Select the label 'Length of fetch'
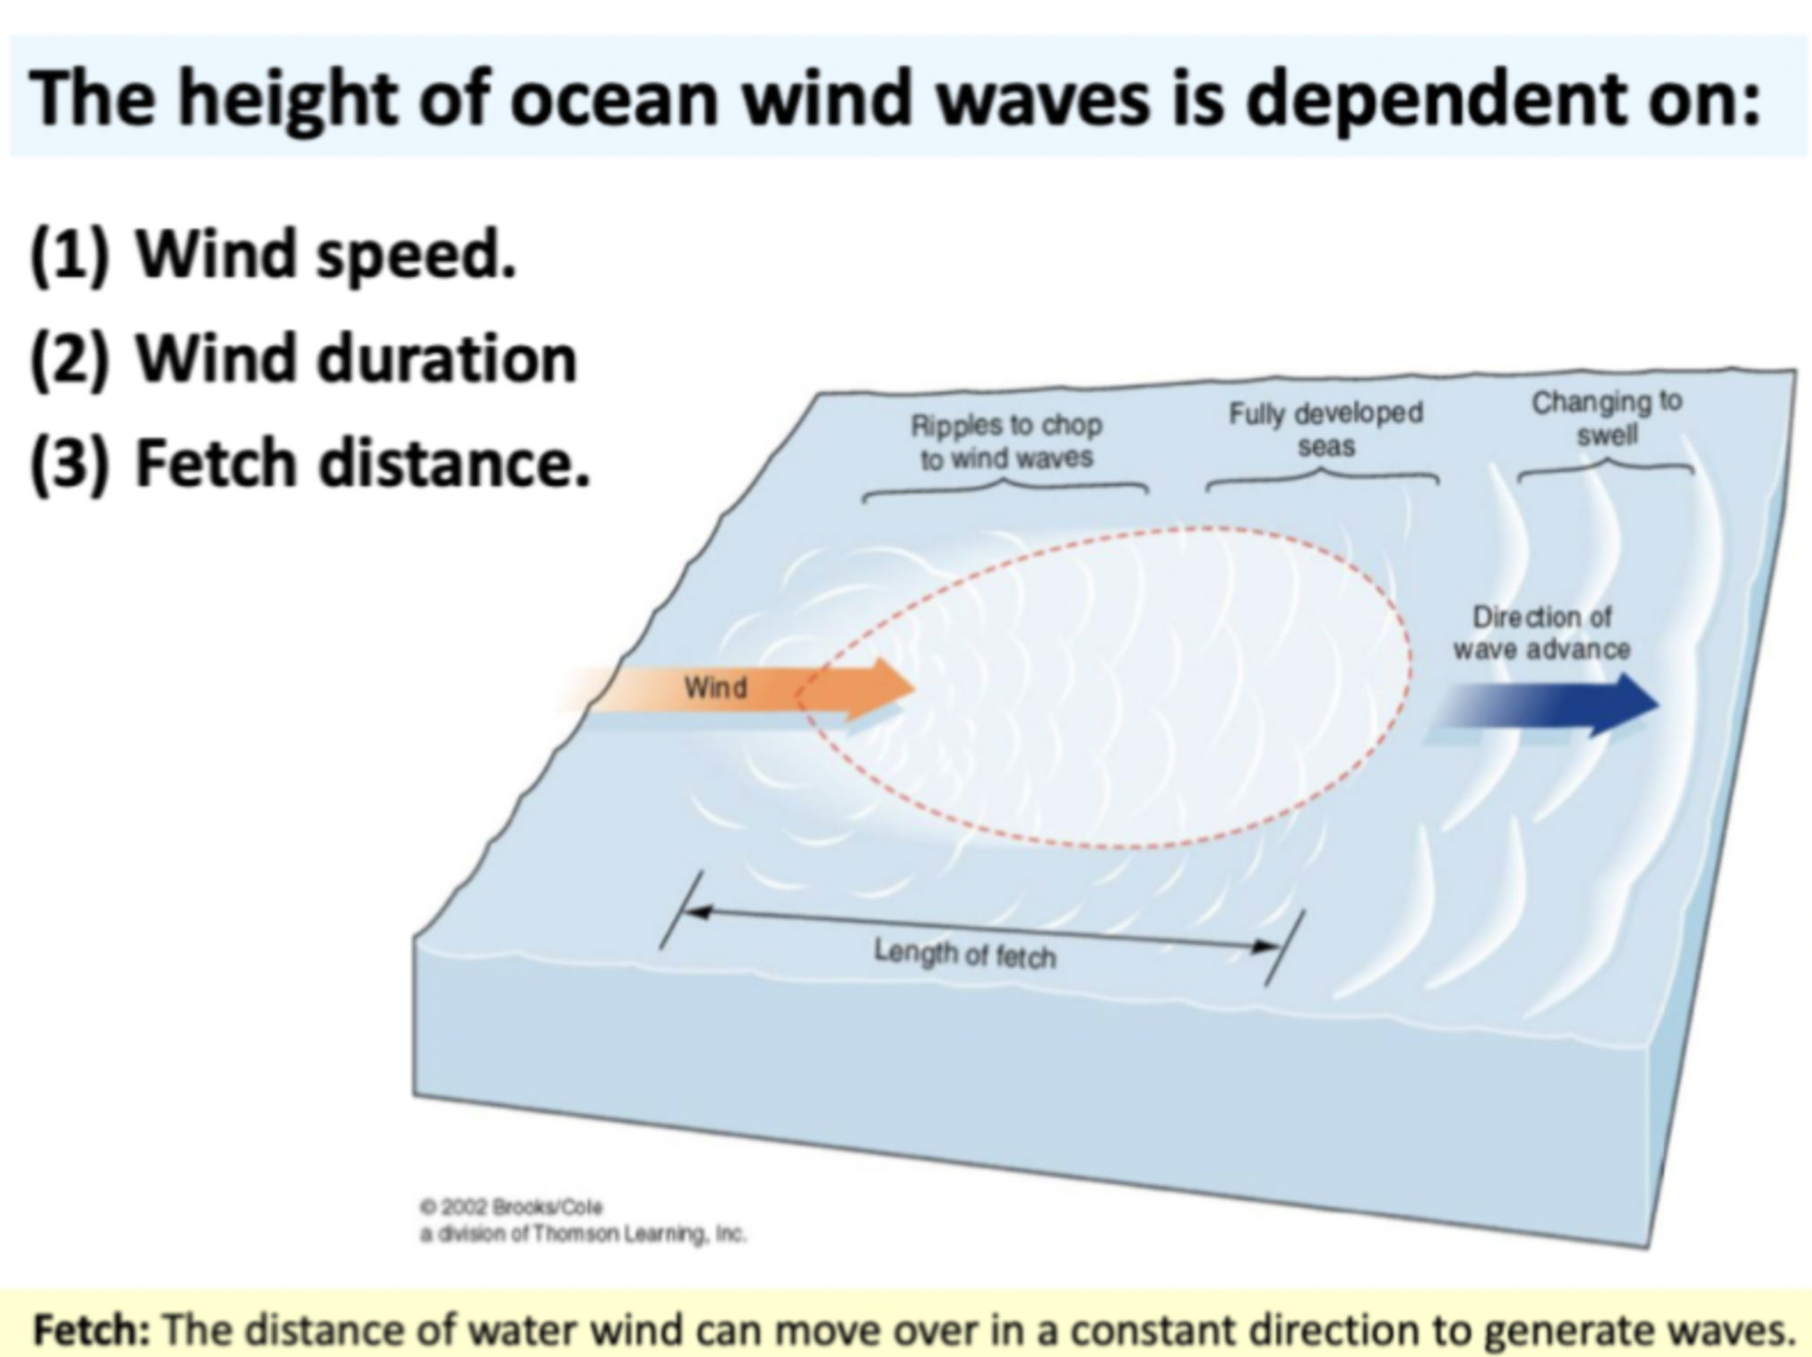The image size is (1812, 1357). (x=965, y=954)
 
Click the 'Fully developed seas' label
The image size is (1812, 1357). (x=1325, y=429)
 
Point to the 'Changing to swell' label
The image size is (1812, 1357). (x=1606, y=418)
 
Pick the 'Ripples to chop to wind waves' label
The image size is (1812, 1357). (x=1005, y=441)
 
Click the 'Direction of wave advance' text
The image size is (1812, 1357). (x=1540, y=633)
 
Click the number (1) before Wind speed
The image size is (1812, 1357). (x=69, y=255)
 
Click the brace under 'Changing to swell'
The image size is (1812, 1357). (x=1606, y=466)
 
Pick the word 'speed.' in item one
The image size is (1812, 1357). (x=417, y=257)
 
